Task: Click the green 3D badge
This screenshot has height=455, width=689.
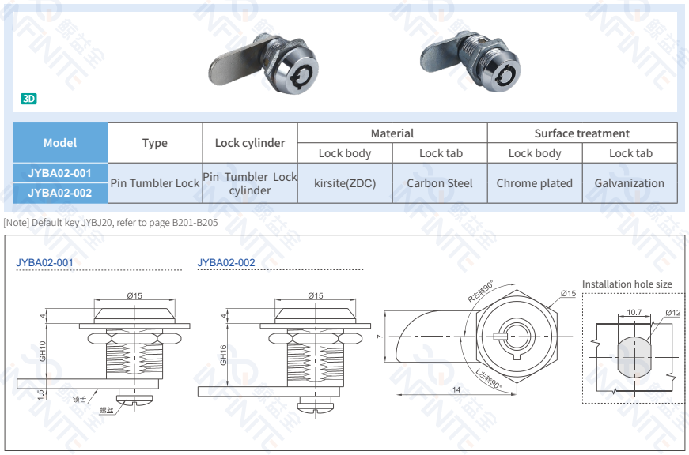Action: click(x=29, y=99)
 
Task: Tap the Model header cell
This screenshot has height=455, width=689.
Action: click(x=60, y=143)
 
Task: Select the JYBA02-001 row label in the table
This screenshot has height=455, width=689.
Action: click(x=60, y=173)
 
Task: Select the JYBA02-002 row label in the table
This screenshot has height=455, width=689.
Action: click(x=60, y=193)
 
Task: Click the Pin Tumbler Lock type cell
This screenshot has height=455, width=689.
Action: click(x=155, y=183)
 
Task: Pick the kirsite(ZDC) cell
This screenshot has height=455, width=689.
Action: click(x=345, y=183)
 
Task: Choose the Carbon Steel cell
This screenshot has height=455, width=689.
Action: click(x=440, y=183)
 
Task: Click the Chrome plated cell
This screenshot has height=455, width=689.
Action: click(x=535, y=183)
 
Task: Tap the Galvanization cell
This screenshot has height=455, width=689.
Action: click(x=630, y=183)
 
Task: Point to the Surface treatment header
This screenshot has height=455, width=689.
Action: click(x=582, y=133)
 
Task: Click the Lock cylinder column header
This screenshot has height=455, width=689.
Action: click(x=250, y=143)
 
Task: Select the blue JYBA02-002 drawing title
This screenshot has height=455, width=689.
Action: click(x=226, y=262)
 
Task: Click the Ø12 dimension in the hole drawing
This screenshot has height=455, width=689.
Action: click(x=673, y=313)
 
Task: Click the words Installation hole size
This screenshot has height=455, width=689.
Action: click(x=627, y=284)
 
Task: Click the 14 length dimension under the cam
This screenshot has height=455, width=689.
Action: click(x=456, y=390)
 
